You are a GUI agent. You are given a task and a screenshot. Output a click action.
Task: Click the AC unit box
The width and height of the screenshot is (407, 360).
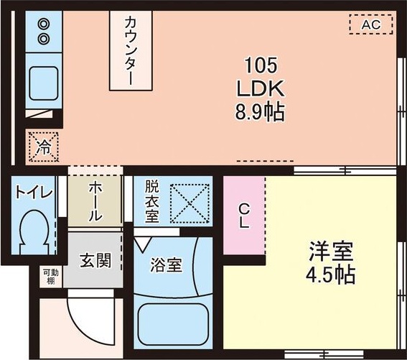[370, 25]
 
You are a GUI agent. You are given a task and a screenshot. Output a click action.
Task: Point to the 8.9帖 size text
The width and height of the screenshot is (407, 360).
[260, 111]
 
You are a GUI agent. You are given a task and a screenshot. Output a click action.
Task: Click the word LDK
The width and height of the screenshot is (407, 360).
[260, 88]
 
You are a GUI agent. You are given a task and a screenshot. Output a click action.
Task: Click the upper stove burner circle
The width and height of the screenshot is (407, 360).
[43, 22]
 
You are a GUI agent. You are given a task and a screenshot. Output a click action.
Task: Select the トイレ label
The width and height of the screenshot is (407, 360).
[33, 193]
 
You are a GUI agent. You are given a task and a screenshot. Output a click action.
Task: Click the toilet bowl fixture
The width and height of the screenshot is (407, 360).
[34, 232]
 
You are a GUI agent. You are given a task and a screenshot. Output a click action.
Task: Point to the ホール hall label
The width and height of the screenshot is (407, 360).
[95, 201]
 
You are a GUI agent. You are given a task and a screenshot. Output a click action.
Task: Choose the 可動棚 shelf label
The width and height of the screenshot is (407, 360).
[49, 277]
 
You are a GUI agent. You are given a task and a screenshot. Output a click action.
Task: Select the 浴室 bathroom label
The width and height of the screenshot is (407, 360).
[166, 264]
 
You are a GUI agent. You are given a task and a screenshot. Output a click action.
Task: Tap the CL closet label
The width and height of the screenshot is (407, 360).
[244, 216]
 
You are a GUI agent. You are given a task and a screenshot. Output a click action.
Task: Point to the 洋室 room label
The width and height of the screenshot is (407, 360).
[331, 252]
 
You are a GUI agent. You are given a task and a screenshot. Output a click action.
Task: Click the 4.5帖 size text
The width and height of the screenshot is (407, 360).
[331, 275]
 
